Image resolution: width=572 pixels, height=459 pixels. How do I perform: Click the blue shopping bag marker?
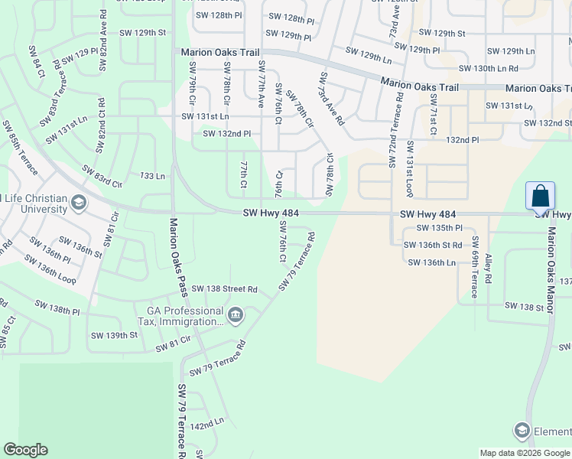540,196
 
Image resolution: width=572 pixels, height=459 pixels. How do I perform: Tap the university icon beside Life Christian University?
78,203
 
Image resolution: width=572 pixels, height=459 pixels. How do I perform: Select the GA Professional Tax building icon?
235,314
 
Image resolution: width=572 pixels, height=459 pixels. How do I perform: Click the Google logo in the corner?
25,450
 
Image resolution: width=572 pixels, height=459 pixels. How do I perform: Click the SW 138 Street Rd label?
224,289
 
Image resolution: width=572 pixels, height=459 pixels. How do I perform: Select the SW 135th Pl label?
439,228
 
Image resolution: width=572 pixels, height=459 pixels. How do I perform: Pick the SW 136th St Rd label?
434,245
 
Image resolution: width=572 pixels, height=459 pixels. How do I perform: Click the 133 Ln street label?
152,176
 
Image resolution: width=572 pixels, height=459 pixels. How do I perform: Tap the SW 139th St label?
114,335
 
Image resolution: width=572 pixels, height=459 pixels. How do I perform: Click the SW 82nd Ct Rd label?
101,126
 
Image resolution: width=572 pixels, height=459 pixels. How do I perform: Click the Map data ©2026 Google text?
525,453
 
